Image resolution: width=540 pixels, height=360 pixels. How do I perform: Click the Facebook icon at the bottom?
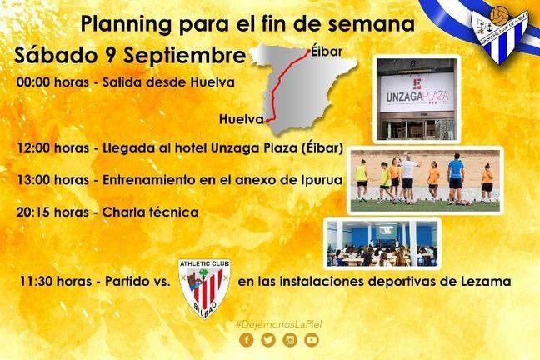point(246,340)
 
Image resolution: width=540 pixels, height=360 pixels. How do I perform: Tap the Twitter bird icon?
point(268,340)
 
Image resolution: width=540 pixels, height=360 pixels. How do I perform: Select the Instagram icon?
point(290,340)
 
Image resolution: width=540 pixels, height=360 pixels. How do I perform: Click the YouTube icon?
point(312,340)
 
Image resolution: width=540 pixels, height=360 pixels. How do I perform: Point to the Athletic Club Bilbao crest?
point(204,288)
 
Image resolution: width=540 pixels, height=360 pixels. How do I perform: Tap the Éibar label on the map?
point(327,52)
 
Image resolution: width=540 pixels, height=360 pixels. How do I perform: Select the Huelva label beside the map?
point(242,119)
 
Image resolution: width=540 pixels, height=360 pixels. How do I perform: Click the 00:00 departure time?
point(33,82)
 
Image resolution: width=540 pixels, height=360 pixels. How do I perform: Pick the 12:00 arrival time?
point(33,148)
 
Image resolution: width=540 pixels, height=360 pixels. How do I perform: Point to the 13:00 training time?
point(33,180)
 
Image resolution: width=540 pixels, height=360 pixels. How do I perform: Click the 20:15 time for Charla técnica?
point(33,212)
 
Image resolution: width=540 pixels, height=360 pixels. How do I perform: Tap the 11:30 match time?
point(36,282)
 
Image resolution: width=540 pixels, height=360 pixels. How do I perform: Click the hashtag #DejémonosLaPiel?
point(278,324)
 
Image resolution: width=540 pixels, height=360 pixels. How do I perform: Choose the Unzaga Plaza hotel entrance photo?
point(417,99)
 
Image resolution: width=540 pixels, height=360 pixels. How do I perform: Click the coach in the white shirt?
point(408,178)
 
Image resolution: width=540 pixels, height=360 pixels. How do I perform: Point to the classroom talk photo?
point(382,243)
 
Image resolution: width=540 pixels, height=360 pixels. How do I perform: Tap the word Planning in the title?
point(126,25)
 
